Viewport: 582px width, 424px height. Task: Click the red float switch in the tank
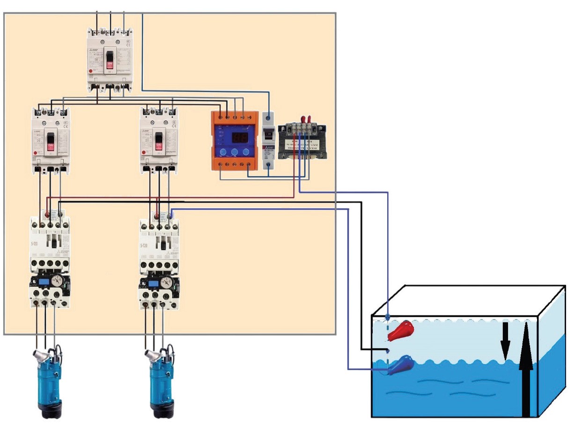401,330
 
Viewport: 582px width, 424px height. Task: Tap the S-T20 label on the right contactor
145,245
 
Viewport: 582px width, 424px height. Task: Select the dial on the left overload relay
57,282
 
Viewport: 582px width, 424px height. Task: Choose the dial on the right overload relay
166,282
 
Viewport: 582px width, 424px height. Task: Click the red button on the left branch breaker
35,153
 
